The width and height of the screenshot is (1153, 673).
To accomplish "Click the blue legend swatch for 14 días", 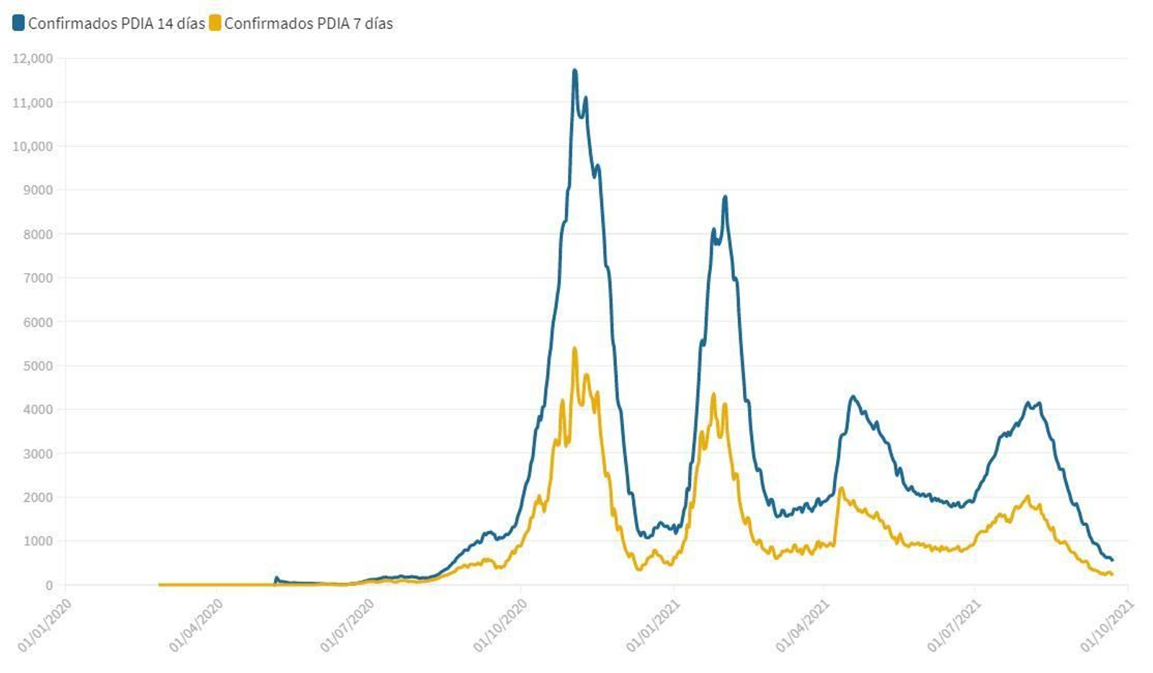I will click(x=18, y=23).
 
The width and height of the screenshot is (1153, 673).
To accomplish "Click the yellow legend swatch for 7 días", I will click(x=215, y=23).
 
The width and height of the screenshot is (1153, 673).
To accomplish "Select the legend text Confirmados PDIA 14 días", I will click(x=116, y=23).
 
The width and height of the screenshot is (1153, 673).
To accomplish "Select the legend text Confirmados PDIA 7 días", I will click(x=308, y=23).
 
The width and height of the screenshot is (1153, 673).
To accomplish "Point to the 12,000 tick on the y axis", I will click(x=32, y=58).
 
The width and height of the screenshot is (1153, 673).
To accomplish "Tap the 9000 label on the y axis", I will click(x=37, y=190).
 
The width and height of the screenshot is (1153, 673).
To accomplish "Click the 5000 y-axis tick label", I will click(x=37, y=366).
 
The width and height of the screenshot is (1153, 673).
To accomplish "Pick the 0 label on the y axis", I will click(x=49, y=585).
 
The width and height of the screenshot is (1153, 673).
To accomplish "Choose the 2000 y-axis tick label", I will click(x=37, y=497).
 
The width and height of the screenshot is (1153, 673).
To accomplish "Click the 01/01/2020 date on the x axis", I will click(x=45, y=625).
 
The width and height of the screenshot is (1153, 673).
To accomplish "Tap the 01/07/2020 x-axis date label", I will click(x=347, y=625).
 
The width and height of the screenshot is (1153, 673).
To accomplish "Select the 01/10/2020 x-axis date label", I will click(x=500, y=625).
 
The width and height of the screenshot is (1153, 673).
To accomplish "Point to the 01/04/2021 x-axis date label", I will click(x=803, y=625).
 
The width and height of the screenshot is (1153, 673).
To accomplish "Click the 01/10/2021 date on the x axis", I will click(x=1107, y=625).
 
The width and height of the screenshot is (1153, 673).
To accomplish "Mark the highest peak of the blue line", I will click(x=574, y=71).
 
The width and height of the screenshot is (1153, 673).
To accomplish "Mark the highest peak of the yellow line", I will click(x=574, y=349).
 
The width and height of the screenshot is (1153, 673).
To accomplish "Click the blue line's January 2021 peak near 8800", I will click(x=725, y=197).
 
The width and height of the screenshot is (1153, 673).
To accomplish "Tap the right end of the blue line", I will click(x=1112, y=560).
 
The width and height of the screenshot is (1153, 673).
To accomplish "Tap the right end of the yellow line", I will click(x=1112, y=574).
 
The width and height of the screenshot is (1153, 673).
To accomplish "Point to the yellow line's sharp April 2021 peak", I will click(x=841, y=489).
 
